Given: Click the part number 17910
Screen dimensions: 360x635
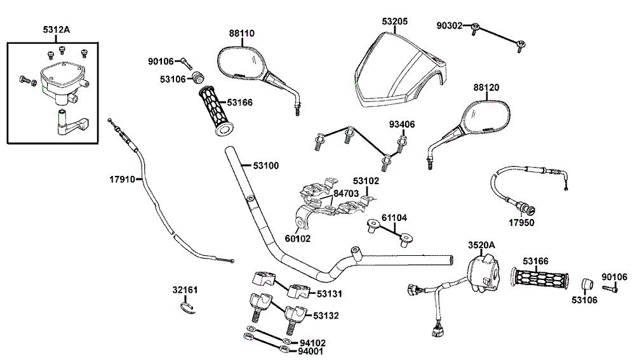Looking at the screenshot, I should click(122, 179).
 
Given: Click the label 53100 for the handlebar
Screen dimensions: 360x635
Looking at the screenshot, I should click(266, 165).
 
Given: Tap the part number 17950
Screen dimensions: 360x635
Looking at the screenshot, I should click(521, 223).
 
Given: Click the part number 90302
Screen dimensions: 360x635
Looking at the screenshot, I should click(450, 25).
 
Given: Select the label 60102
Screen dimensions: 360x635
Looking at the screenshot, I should click(298, 239).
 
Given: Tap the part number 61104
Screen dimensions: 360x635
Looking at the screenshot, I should click(393, 218).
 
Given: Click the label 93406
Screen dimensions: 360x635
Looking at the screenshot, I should click(402, 124).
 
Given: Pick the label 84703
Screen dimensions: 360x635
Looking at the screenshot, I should click(347, 193).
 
